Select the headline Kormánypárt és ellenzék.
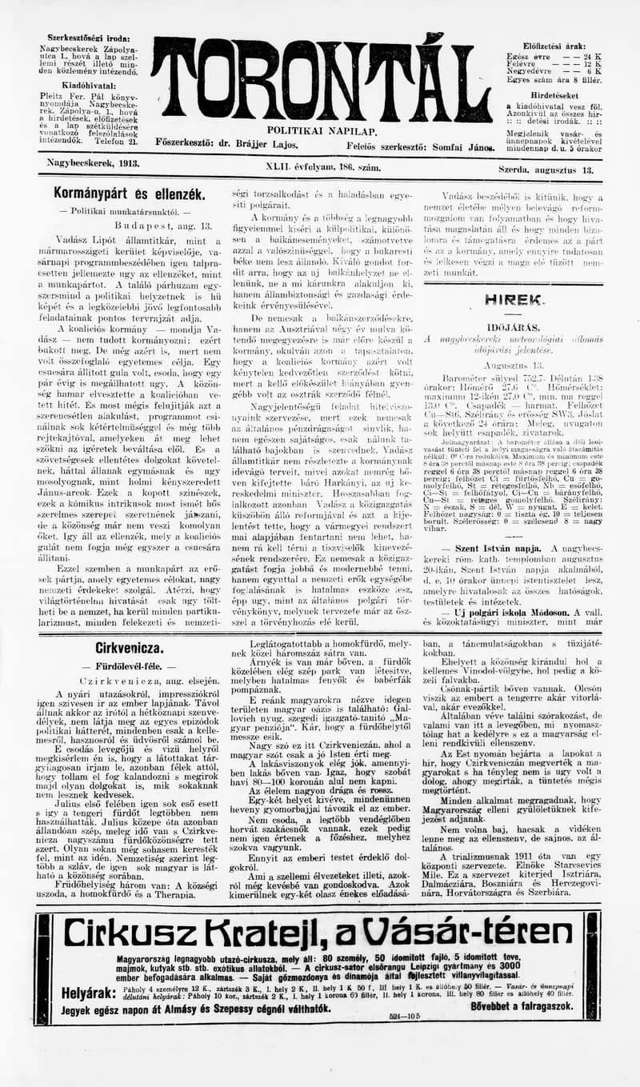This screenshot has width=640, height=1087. [130, 194]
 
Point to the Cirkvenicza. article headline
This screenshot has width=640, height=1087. [129, 648]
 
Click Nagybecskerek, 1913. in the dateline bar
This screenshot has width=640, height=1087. [94, 163]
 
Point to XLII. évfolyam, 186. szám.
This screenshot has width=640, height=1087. [322, 167]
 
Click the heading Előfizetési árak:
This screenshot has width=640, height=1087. [551, 47]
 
